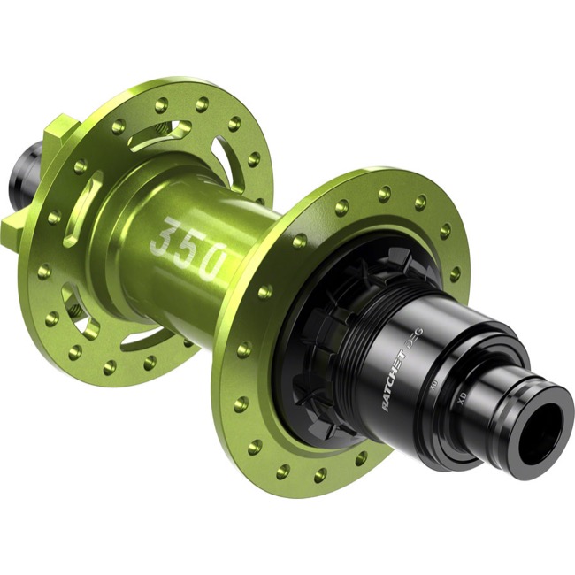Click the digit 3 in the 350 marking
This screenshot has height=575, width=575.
pyautogui.click(x=165, y=238)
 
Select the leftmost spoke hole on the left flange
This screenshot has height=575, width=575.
pyautogui.click(x=42, y=271)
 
